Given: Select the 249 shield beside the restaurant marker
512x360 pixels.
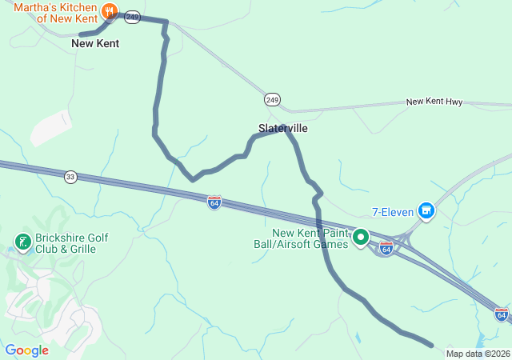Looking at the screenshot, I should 133,16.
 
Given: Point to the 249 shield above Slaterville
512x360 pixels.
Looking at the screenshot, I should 273,100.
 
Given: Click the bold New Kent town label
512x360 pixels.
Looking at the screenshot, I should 95,44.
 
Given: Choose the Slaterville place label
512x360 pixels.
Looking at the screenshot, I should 282,128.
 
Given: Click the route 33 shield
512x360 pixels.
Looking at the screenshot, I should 71,177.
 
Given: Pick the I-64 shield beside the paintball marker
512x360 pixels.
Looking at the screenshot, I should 386,250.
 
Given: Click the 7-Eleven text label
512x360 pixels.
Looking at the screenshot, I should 392,212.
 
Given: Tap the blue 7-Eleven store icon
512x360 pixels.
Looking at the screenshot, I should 426,211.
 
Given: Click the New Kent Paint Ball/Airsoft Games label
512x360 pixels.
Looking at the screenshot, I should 310,238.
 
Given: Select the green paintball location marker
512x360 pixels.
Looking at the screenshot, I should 361,237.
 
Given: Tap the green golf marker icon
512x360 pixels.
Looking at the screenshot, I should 22,240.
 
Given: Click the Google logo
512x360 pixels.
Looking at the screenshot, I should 26,350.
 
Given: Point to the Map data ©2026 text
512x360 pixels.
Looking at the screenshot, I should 478,354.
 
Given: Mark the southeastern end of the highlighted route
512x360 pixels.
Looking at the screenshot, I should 431,346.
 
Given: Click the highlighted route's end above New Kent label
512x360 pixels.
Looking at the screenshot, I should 80,34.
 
